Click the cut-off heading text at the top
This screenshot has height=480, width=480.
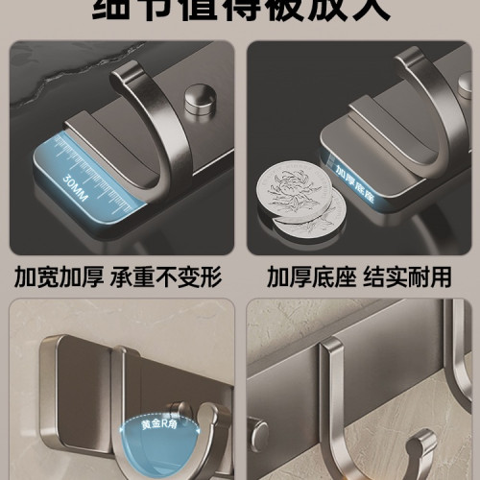pyautogui.click(x=240, y=10)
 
